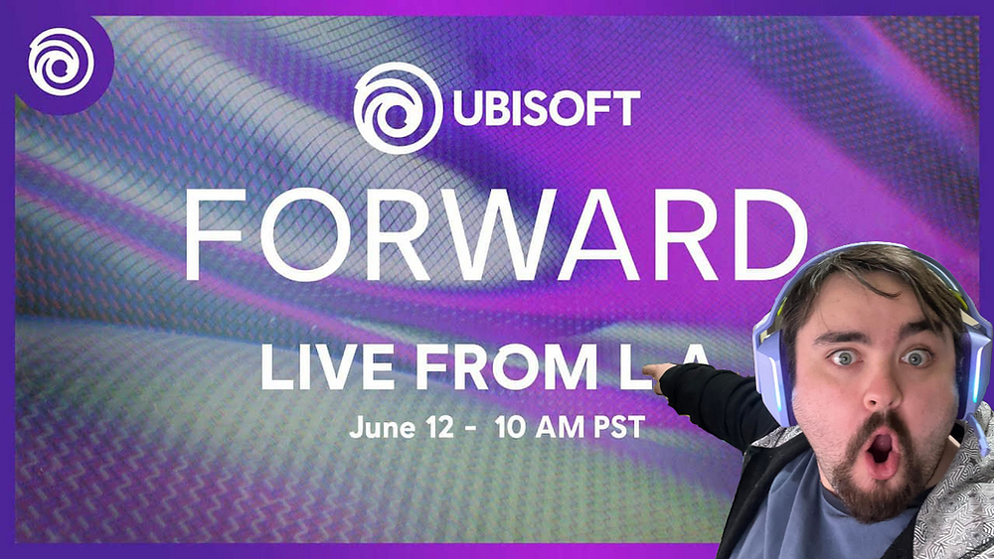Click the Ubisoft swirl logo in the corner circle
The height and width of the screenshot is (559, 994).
pos(60,62)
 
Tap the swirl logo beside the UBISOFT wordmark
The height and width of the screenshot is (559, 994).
pos(397,107)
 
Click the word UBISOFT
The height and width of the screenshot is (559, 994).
pos(546,108)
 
